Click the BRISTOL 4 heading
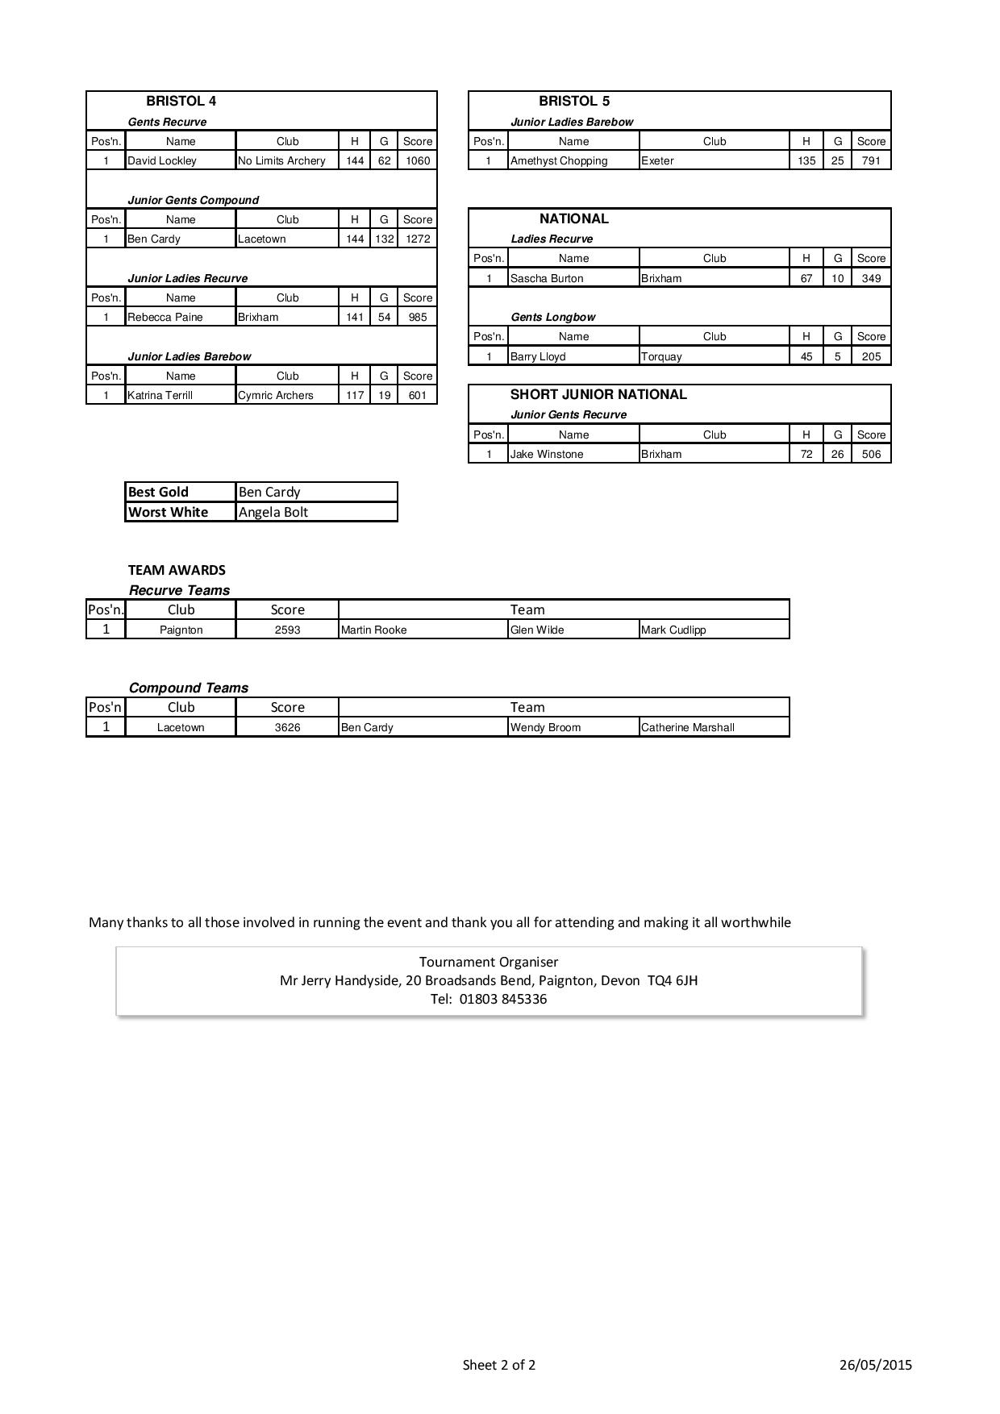pyautogui.click(x=181, y=101)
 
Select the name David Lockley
pyautogui.click(x=162, y=160)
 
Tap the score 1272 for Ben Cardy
pyautogui.click(x=417, y=239)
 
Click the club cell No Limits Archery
pyautogui.click(x=281, y=160)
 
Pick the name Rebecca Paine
pyautogui.click(x=165, y=317)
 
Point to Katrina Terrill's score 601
pyautogui.click(x=417, y=395)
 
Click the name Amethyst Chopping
pyautogui.click(x=559, y=160)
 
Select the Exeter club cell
pyautogui.click(x=657, y=160)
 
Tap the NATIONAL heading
pyautogui.click(x=573, y=218)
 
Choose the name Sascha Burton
pyautogui.click(x=547, y=278)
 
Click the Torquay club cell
pyautogui.click(x=661, y=356)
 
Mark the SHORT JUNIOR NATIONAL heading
pyautogui.click(x=598, y=394)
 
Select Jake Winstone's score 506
pyautogui.click(x=871, y=454)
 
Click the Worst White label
pyautogui.click(x=168, y=512)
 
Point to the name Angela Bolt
pyautogui.click(x=273, y=512)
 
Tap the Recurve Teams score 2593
pyautogui.click(x=287, y=630)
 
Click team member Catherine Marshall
pyautogui.click(x=688, y=727)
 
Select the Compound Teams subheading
pyautogui.click(x=188, y=688)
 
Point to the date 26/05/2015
pyautogui.click(x=875, y=1365)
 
